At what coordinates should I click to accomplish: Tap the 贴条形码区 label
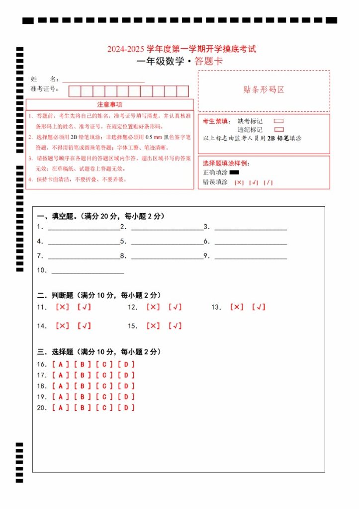[x=264, y=90]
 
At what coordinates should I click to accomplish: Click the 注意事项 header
[x=109, y=105]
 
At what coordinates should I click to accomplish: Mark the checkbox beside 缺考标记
[x=279, y=121]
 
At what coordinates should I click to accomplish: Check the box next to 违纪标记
[x=279, y=129]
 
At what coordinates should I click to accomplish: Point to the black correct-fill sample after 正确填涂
[x=234, y=172]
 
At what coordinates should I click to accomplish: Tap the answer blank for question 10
[x=88, y=271]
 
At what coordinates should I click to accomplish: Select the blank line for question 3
[x=251, y=228]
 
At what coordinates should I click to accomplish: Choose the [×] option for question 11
[x=63, y=307]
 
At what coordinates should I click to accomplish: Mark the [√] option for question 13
[x=259, y=307]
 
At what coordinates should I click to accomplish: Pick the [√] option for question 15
[x=175, y=326]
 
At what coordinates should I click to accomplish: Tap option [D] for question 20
[x=126, y=408]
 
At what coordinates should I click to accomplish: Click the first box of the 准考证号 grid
[x=75, y=91]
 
